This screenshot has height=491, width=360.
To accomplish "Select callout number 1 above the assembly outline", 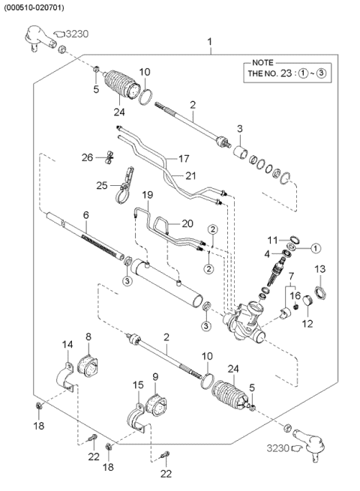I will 210,41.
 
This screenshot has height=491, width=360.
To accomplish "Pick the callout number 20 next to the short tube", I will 187,223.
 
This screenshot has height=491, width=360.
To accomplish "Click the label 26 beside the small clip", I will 87,157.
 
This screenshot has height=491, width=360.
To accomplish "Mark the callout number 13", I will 319,269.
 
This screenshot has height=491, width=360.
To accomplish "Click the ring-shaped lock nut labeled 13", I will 318,291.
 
